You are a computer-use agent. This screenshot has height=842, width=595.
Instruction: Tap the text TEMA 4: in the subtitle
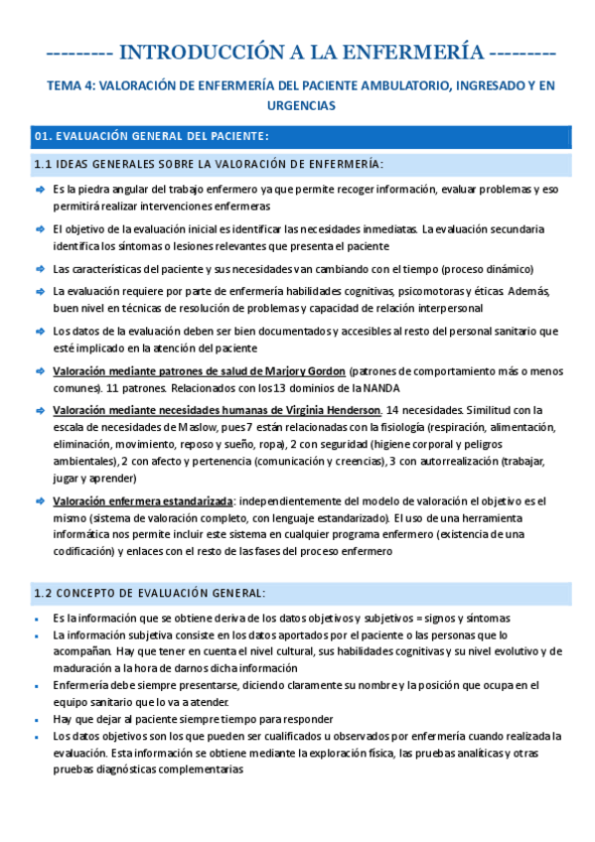(x=71, y=86)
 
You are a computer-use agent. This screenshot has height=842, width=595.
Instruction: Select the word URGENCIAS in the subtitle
(x=296, y=104)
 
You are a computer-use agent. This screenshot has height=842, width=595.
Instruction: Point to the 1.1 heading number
(x=43, y=164)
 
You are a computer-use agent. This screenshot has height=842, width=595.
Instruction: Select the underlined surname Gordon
(x=325, y=371)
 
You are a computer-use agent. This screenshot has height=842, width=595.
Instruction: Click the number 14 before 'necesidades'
(x=395, y=410)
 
